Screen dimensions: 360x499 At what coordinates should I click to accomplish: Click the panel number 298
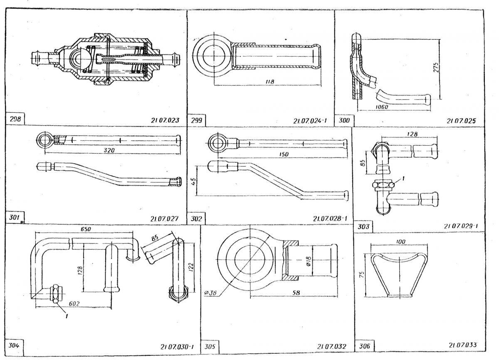(15, 119)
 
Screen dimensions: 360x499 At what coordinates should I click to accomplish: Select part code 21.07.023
(165, 121)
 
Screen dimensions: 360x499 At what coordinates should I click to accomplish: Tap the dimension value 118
(269, 82)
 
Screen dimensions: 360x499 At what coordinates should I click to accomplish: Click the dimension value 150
(284, 154)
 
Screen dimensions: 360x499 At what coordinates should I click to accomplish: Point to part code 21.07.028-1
(331, 218)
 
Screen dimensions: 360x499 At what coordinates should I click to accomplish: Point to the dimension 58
(296, 293)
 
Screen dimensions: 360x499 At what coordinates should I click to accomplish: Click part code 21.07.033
(463, 345)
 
